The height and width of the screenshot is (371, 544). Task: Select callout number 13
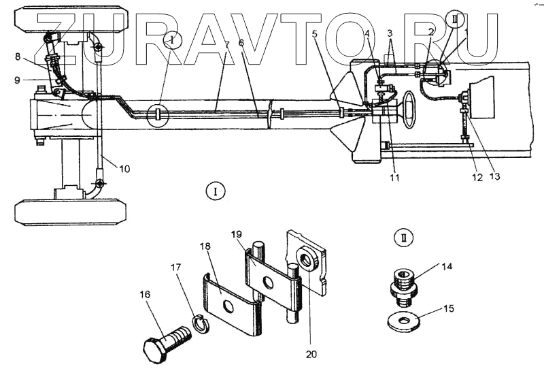494,176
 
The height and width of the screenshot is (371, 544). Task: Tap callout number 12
476,178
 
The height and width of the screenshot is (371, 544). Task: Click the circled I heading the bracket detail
215,191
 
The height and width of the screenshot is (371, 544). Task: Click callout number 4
367,33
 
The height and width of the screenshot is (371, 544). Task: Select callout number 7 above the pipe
226,43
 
